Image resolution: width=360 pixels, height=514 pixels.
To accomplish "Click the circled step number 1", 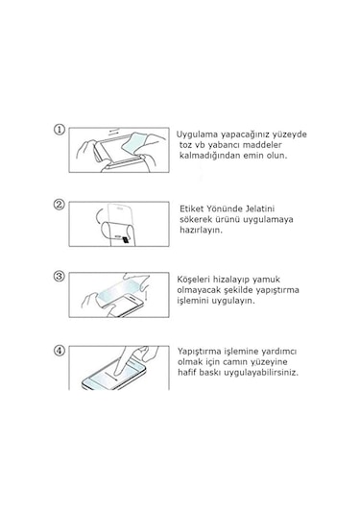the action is [x=60, y=130].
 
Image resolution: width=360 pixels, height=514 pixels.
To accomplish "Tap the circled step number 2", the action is [x=59, y=205].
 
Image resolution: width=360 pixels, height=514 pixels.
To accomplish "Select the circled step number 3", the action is [x=59, y=277].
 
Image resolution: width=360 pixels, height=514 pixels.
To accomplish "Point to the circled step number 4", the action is [x=59, y=351].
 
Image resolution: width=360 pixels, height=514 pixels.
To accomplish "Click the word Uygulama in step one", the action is [x=197, y=135].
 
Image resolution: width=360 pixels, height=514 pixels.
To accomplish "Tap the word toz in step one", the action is [x=186, y=145].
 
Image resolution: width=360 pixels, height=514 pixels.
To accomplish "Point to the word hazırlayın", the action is [x=201, y=231].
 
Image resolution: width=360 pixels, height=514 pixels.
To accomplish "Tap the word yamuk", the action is [x=266, y=280].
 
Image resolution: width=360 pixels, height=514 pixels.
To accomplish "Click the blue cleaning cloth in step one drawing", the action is [x=133, y=143].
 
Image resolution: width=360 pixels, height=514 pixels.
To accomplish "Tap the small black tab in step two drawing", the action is [x=125, y=240].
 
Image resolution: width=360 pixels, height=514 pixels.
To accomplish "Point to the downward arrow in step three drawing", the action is [x=147, y=294].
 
